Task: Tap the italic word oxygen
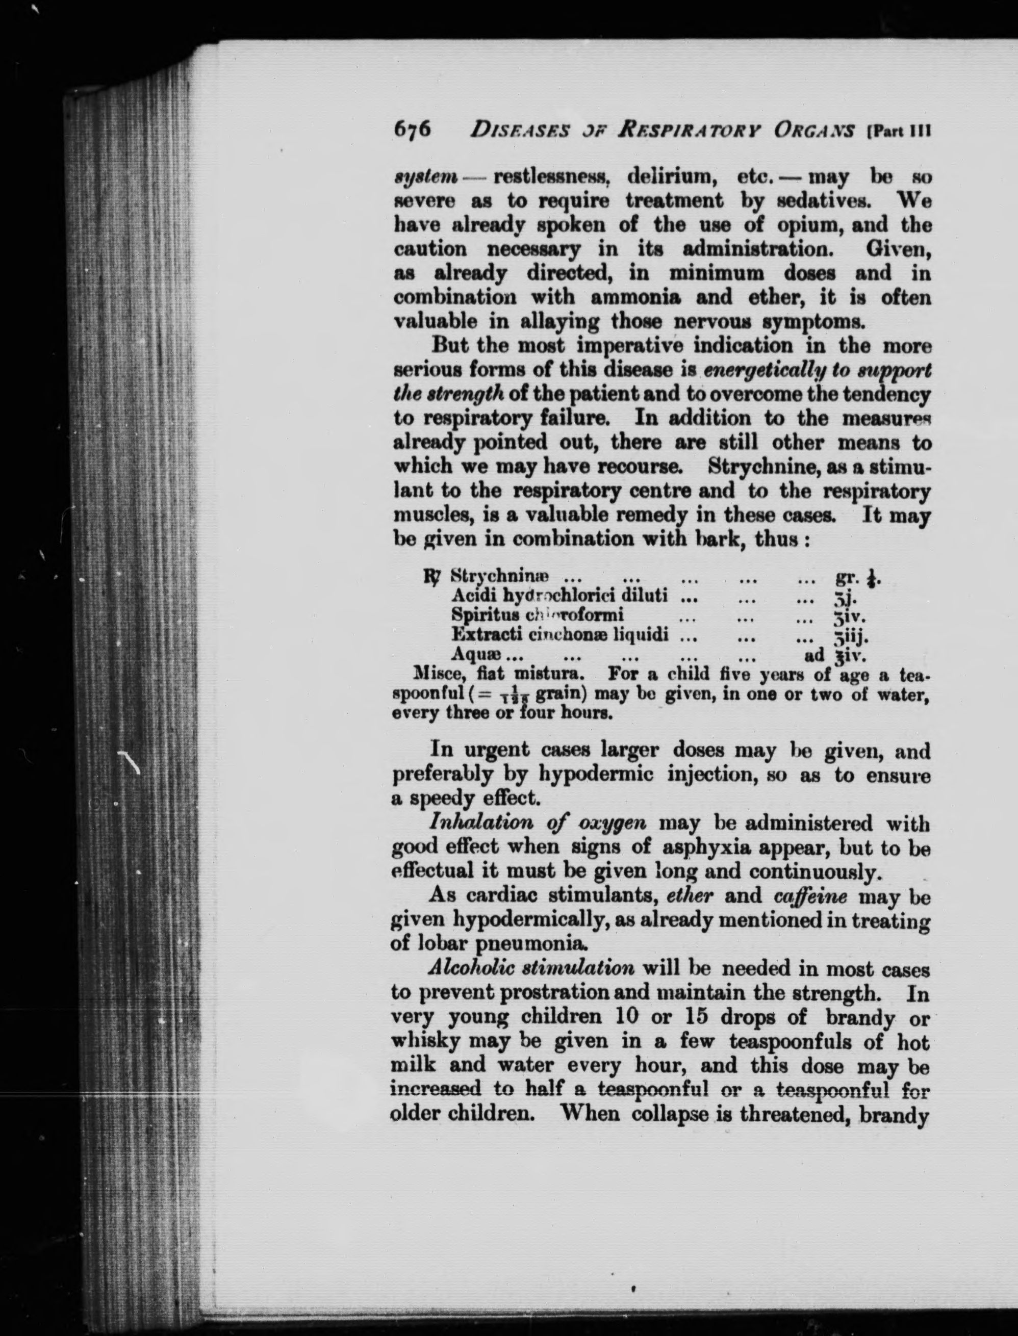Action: click(x=613, y=824)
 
